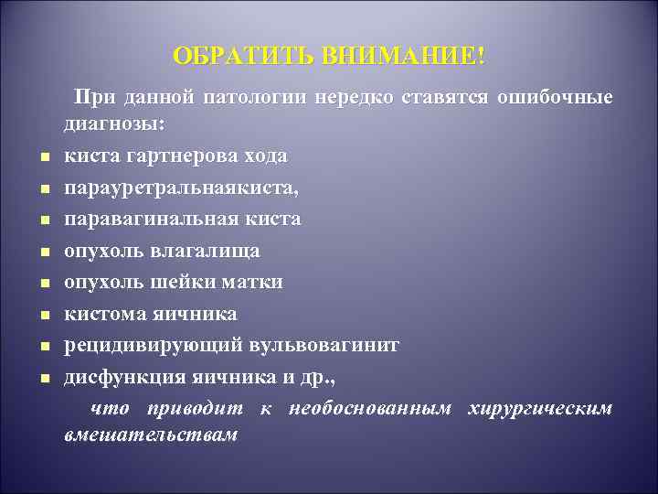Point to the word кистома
pos(101,314)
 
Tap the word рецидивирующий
pos(144,345)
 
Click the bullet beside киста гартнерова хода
pos(43,157)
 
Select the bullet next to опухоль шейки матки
pos(43,284)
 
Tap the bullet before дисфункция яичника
pos(43,378)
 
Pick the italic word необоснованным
pos(369,408)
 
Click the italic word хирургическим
pos(539,408)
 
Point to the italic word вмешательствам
pos(151,435)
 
